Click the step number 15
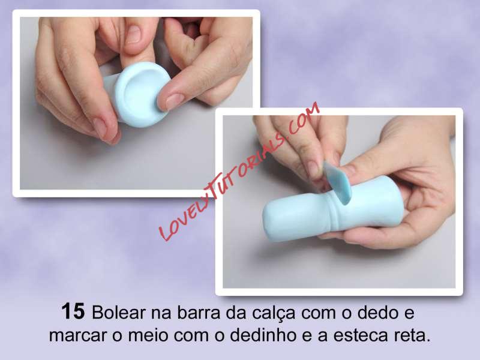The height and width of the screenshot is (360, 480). (73, 311)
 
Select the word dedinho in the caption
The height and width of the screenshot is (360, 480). (263, 335)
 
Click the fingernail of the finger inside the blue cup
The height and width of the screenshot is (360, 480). (133, 34)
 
